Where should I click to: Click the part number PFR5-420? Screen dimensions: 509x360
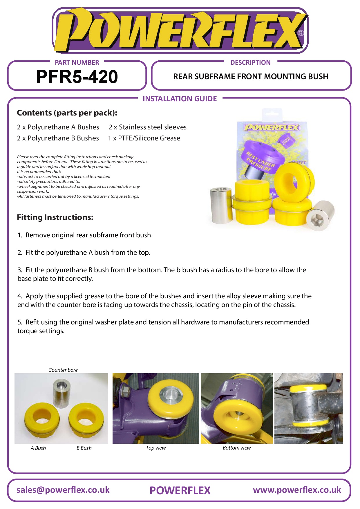[77, 77]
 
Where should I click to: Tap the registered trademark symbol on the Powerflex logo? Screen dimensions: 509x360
[301, 33]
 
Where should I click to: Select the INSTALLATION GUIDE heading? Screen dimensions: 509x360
[180, 99]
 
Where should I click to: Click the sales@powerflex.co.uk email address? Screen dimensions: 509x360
[63, 490]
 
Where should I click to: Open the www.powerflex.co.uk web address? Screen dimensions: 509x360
[297, 490]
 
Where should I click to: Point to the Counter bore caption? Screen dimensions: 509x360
[63, 370]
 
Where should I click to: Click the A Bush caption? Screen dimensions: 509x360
[38, 448]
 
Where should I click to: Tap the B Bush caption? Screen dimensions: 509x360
[84, 448]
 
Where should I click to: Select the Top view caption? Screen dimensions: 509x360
[156, 448]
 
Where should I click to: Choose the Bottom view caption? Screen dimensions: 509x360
[237, 448]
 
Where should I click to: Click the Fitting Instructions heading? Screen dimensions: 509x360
[55, 217]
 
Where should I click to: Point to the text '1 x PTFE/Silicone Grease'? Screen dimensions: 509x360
[144, 138]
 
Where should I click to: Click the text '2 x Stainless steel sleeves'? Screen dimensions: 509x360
[147, 127]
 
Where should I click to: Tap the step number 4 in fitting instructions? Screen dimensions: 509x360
[19, 296]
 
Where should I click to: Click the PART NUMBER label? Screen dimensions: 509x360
[77, 62]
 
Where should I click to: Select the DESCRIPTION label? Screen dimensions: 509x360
[250, 62]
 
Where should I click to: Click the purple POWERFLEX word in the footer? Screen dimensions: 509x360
[180, 490]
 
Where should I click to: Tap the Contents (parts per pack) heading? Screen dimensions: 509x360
[67, 113]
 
